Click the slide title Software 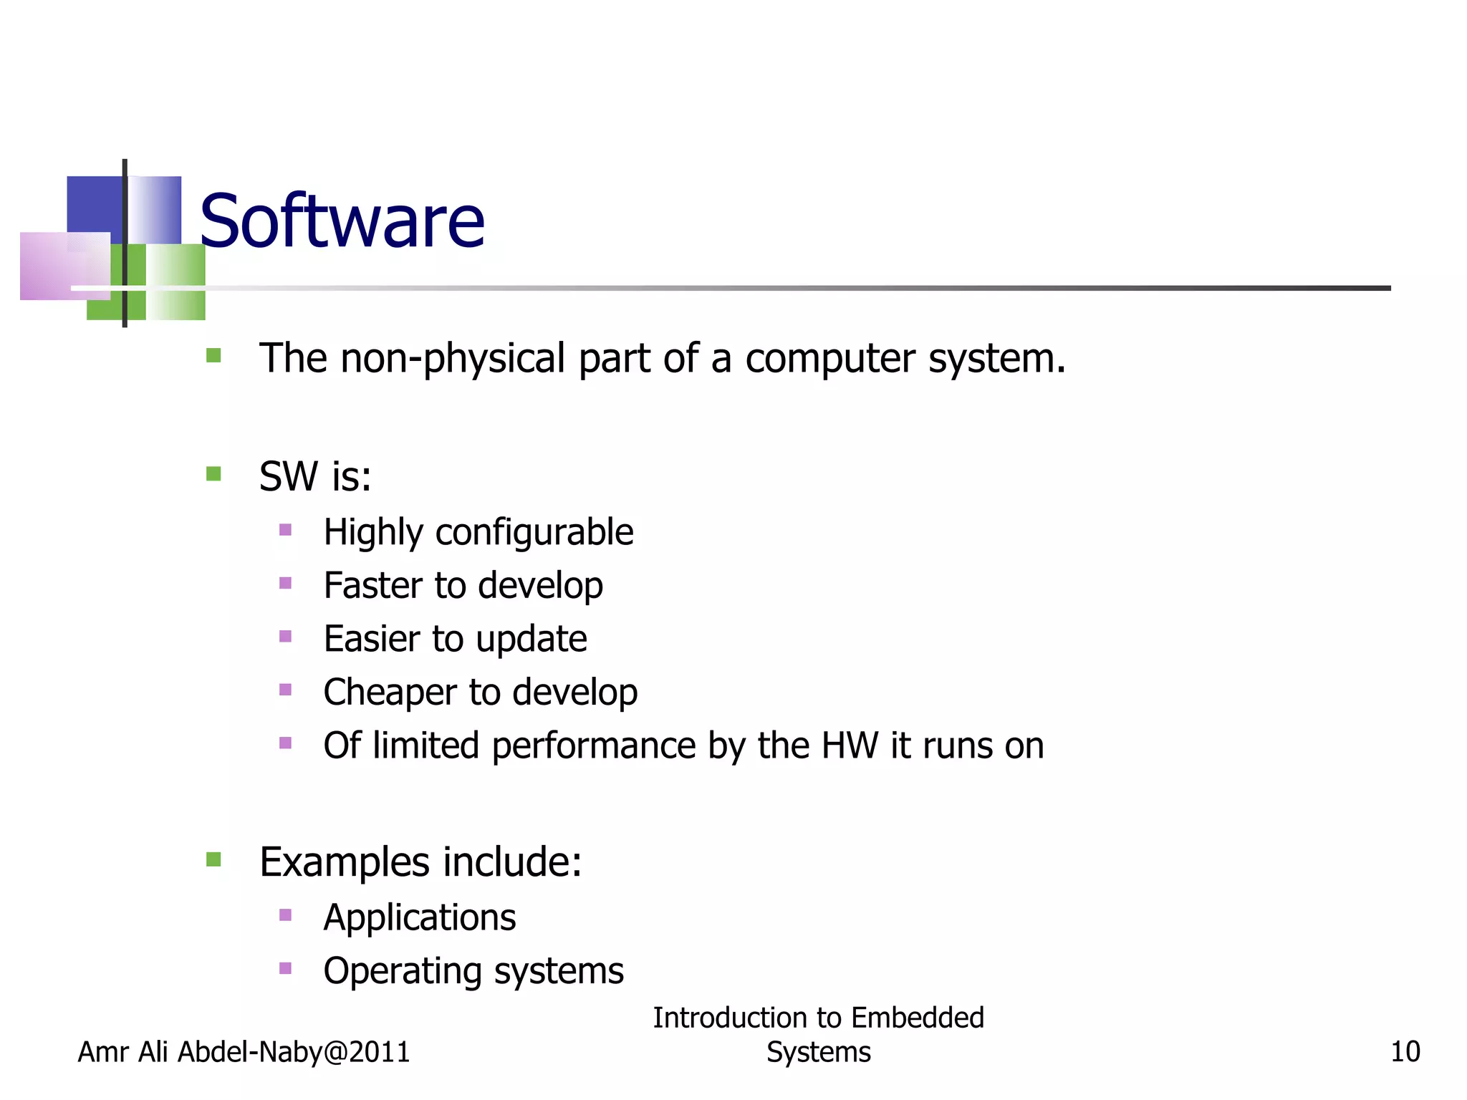click(x=342, y=221)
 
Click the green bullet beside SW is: click(x=213, y=474)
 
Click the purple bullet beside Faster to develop click(x=285, y=584)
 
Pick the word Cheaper click(x=390, y=693)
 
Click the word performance click(x=593, y=746)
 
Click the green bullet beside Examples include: click(x=213, y=859)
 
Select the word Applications click(x=419, y=917)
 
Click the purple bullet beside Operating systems click(x=285, y=969)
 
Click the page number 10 click(x=1405, y=1052)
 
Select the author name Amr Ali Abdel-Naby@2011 click(x=244, y=1052)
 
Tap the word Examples click(x=345, y=862)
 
